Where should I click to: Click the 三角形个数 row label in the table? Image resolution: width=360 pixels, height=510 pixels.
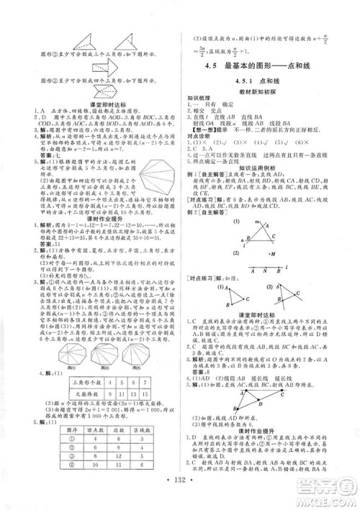(83, 382)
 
